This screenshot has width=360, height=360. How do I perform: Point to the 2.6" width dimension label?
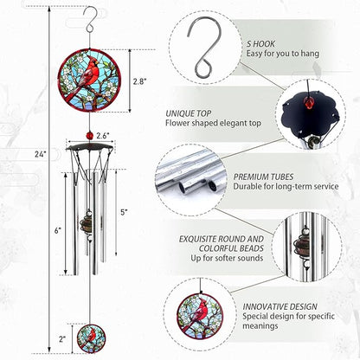[102, 136]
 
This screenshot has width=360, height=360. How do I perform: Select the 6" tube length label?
[57, 230]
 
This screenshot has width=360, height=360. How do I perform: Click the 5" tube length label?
[124, 212]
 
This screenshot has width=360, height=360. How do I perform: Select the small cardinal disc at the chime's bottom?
[89, 336]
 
